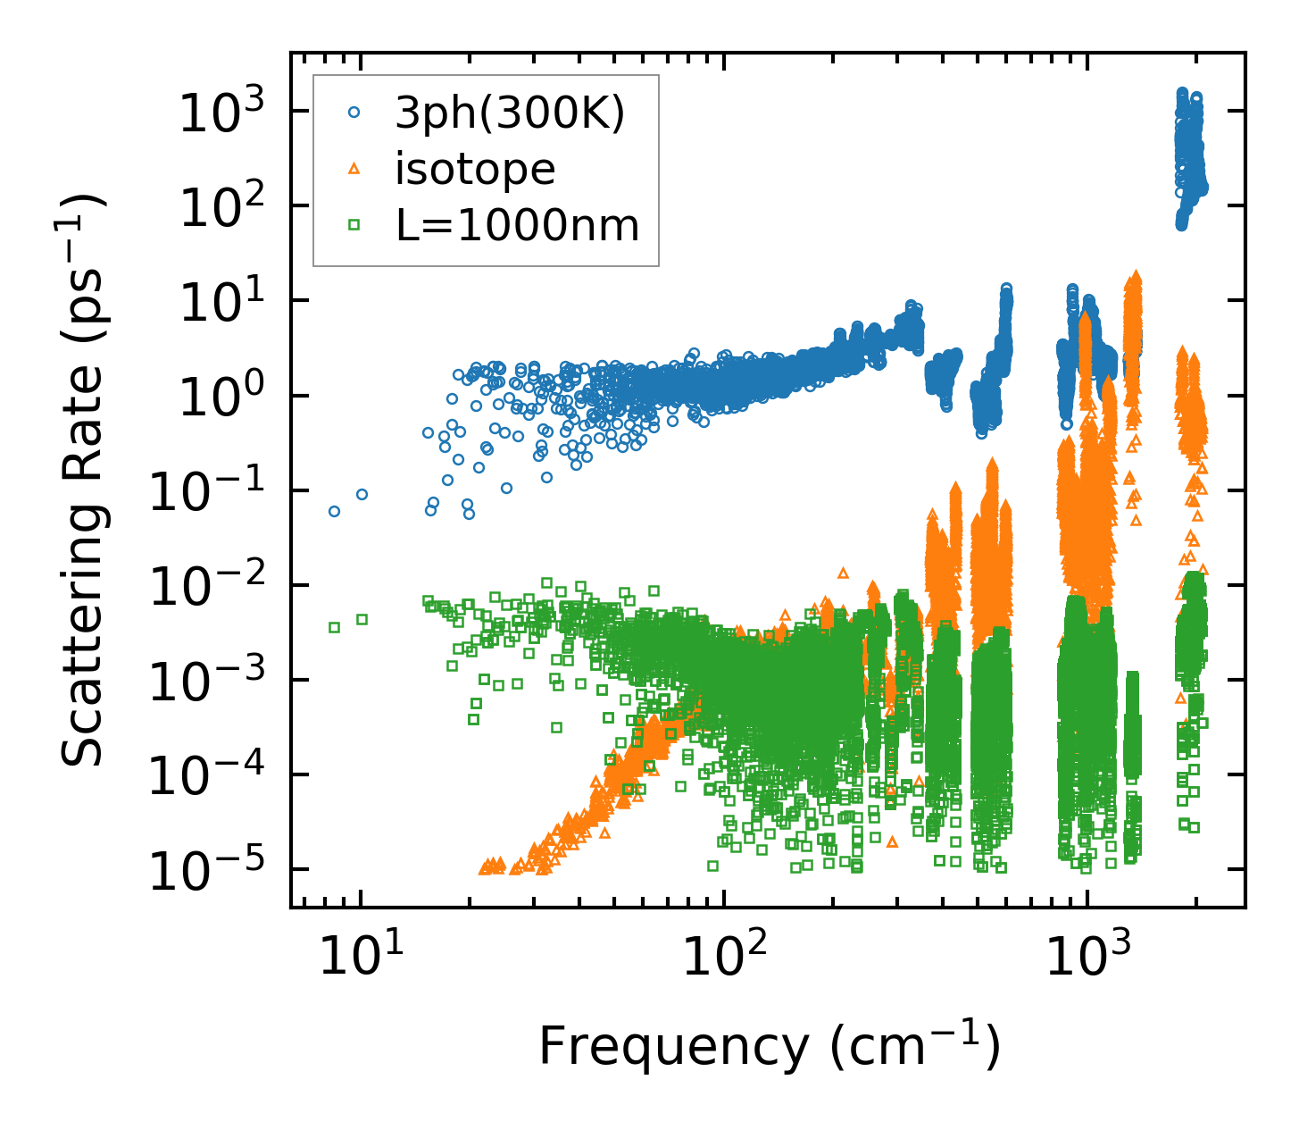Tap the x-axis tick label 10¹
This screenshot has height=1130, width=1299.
361,956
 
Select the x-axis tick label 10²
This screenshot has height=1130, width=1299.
724,956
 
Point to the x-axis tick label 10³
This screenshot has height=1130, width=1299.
1087,956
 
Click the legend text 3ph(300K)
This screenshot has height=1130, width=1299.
510,113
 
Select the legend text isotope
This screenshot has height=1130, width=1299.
475,170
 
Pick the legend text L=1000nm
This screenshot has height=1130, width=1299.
518,226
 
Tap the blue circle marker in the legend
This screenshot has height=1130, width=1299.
354,113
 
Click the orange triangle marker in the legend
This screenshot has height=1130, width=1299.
354,169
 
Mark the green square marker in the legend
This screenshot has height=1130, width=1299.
354,225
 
